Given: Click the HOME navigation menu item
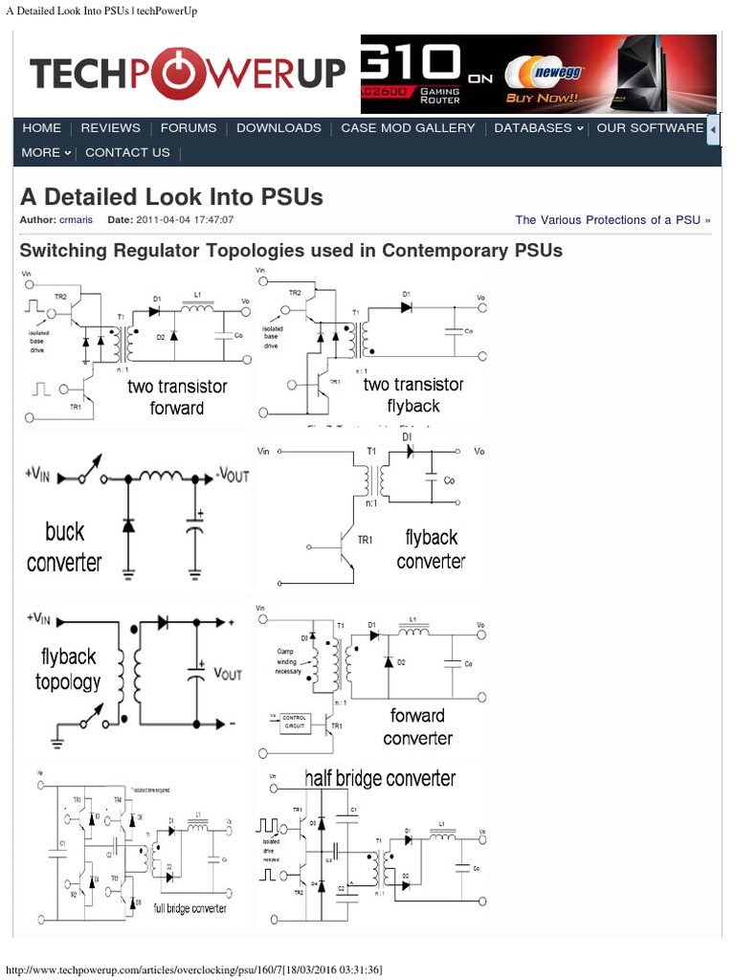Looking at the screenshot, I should click(41, 128).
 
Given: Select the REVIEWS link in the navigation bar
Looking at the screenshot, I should click(110, 128).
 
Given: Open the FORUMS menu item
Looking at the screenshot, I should click(189, 128).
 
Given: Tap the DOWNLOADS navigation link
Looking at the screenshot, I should click(278, 128).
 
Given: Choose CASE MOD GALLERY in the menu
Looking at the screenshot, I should click(408, 128).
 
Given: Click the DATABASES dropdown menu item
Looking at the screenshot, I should click(538, 128).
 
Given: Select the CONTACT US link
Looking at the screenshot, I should click(127, 153).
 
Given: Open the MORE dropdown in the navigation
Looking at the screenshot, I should click(46, 153).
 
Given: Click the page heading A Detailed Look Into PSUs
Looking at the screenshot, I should click(171, 197).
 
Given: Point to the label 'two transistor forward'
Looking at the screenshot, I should click(177, 397).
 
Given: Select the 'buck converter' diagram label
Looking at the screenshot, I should click(64, 546).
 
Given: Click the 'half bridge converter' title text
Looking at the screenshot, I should click(380, 778).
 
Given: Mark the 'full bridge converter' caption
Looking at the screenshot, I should click(190, 907).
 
